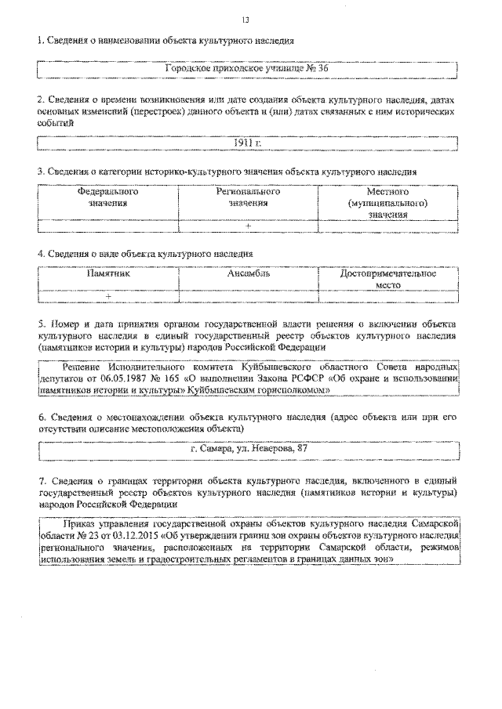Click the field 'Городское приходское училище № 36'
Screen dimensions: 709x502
click(x=248, y=69)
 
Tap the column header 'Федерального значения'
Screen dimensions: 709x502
click(x=108, y=197)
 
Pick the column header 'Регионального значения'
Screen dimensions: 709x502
click(x=248, y=197)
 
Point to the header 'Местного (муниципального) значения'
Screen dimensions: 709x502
click(x=387, y=202)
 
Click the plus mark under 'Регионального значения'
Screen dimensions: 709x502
click(x=248, y=226)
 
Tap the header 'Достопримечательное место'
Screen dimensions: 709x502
click(x=387, y=280)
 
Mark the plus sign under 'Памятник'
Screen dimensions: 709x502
click(x=108, y=297)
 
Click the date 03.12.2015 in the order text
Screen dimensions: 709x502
click(x=136, y=536)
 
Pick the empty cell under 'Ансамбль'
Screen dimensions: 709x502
click(x=248, y=297)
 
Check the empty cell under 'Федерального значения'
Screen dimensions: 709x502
click(x=108, y=226)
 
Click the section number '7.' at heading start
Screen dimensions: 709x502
click(x=42, y=477)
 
